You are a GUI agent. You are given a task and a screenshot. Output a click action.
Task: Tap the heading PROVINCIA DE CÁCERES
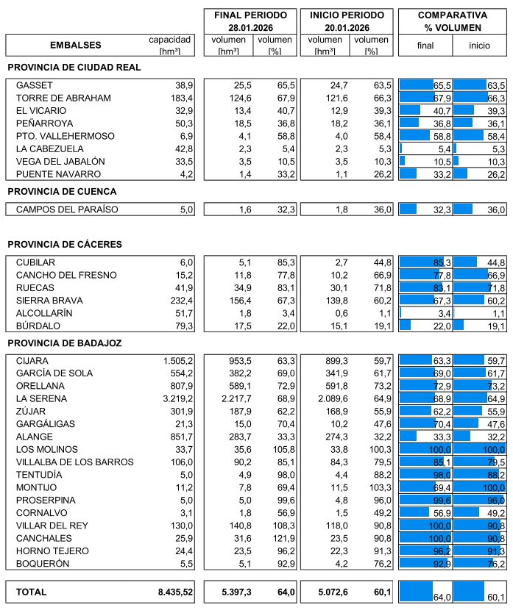pyautogui.click(x=65, y=244)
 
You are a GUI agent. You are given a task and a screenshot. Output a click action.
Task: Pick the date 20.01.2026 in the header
pyautogui.click(x=346, y=27)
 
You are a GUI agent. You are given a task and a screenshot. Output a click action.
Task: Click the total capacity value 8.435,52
pyautogui.click(x=175, y=592)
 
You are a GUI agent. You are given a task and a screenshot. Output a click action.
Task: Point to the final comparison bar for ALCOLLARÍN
pyautogui.click(x=400, y=313)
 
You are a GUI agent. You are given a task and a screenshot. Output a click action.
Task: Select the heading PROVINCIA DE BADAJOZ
pyautogui.click(x=65, y=343)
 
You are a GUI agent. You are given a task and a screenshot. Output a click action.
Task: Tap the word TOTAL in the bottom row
pyautogui.click(x=31, y=592)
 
